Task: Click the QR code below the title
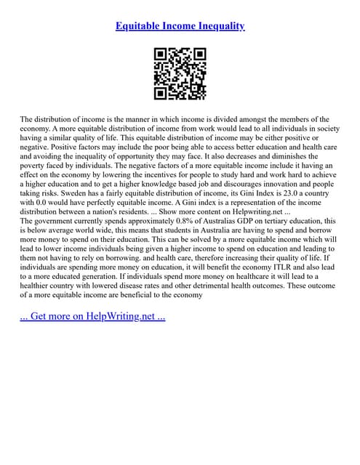click(x=180, y=74)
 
